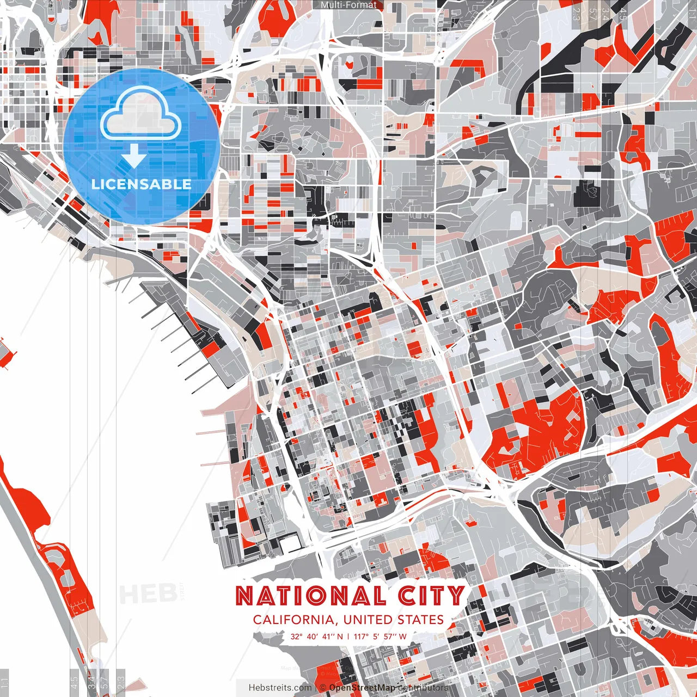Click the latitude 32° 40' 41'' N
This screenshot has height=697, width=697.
(317, 636)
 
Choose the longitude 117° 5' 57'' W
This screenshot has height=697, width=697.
(380, 636)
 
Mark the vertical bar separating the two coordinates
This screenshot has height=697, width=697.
(348, 636)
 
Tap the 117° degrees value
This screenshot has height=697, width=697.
(362, 636)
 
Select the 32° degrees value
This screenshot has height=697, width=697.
(296, 636)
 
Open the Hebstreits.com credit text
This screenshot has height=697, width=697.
(280, 688)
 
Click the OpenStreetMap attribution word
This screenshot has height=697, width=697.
(362, 688)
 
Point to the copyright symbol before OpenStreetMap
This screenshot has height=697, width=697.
(323, 688)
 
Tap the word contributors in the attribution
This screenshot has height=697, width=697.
(424, 688)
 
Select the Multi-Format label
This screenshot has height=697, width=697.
(348, 5)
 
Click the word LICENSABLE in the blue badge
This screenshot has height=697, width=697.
(142, 184)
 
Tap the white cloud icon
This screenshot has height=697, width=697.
(140, 113)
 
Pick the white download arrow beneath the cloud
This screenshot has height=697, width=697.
(133, 156)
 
